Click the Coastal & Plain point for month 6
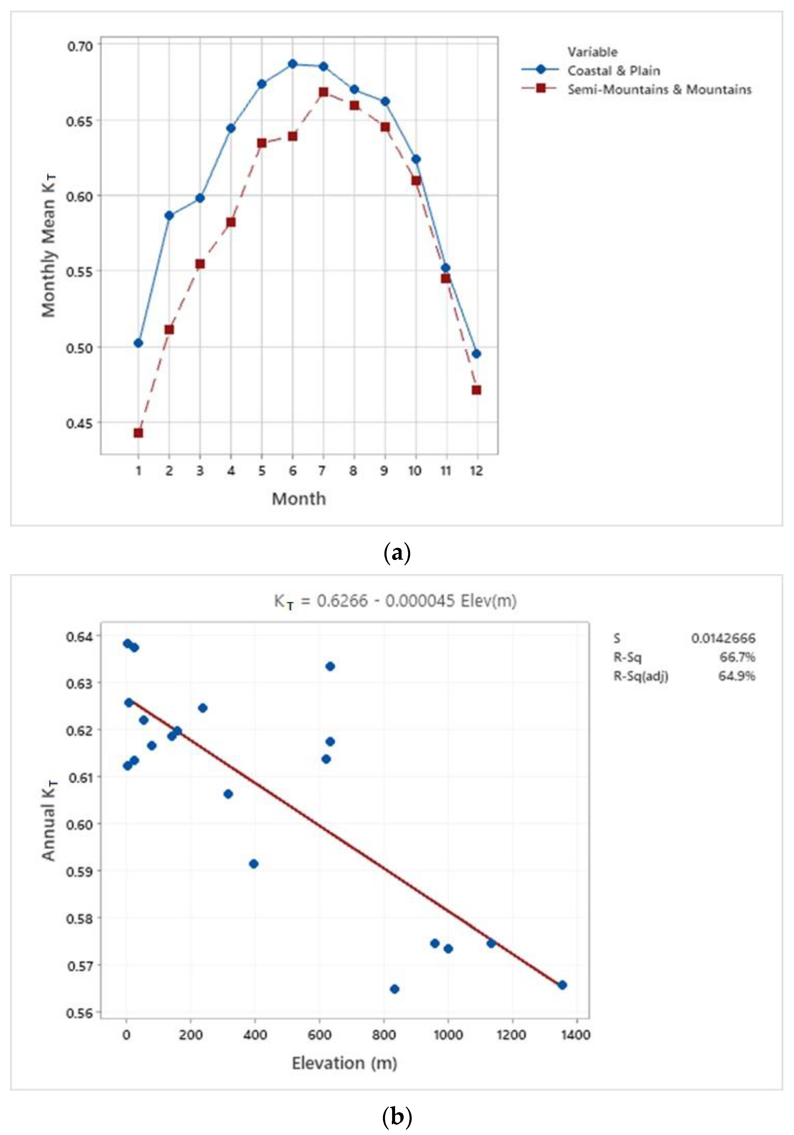point(292,64)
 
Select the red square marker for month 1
point(138,433)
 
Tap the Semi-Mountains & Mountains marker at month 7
point(323,92)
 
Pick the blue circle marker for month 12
point(476,354)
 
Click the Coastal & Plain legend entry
point(613,71)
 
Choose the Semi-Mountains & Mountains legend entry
point(659,89)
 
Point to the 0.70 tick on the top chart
point(80,46)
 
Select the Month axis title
point(299,498)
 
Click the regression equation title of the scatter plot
point(395,601)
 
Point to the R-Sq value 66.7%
point(737,657)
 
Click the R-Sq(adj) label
point(641,676)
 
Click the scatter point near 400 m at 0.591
point(254,863)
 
